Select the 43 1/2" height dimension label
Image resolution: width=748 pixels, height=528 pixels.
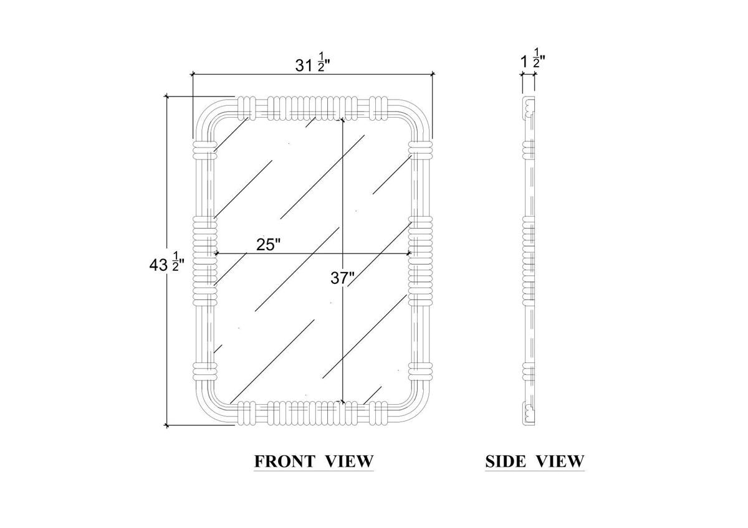coord(166,265)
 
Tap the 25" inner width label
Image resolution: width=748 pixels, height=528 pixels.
coord(268,245)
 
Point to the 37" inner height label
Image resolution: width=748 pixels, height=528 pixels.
coord(342,278)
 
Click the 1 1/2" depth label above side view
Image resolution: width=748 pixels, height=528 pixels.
coord(533,59)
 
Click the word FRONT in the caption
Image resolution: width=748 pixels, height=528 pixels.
coord(284,461)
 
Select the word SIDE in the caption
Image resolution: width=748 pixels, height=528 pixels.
coord(506,461)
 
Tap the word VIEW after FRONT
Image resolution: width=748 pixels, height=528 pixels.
coord(349,461)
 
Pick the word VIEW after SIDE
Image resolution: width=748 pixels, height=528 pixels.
coord(560,461)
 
